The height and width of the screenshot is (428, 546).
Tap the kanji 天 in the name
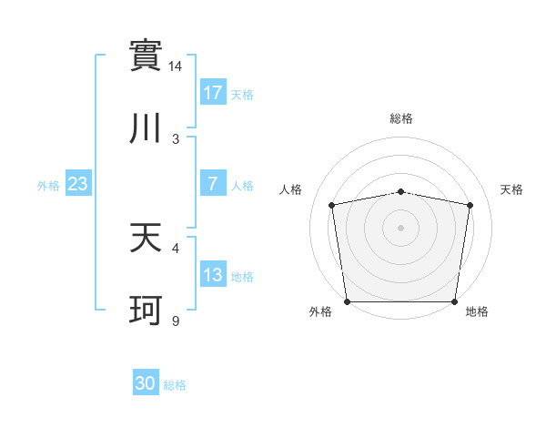point(147,237)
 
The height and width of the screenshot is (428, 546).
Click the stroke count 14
point(176,66)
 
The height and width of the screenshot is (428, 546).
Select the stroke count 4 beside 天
point(176,247)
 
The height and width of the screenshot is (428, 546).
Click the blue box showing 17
point(213,93)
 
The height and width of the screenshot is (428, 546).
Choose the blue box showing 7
point(213,184)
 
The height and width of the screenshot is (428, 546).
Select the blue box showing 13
point(213,275)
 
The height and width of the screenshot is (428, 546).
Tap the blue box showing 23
point(78,184)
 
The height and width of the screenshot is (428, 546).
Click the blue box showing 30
point(146,384)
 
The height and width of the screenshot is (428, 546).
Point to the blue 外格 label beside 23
point(48,185)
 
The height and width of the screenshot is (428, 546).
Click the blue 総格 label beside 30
point(175,385)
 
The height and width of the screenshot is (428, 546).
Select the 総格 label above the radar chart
point(401,118)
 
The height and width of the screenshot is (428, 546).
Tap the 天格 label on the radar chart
point(512,189)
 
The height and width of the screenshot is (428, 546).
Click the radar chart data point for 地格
point(455,301)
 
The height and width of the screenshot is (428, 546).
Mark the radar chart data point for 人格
point(332,205)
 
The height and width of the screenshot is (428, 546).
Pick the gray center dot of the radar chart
point(401,227)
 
